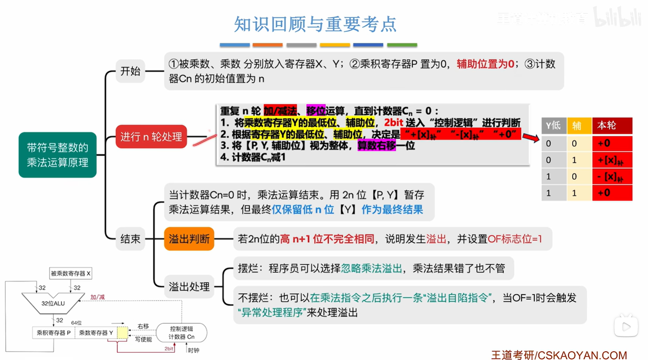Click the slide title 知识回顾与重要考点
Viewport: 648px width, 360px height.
coord(315,24)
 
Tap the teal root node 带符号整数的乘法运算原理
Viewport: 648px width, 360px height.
coord(57,155)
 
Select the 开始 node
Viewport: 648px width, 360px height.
coord(130,71)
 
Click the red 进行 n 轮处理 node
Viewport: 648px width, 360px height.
coord(151,137)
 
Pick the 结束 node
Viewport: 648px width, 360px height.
coord(130,239)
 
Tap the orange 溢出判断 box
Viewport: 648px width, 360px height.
coord(189,239)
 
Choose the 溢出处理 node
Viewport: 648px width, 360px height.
coord(189,287)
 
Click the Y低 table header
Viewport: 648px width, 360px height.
coord(553,125)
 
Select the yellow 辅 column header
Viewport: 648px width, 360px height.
coord(577,125)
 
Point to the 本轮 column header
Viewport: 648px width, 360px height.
coord(612,125)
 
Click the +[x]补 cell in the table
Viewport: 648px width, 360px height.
coord(612,160)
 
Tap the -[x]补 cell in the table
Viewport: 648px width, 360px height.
coord(612,177)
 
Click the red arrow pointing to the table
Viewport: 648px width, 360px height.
coord(531,137)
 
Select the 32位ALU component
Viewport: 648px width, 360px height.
coord(53,304)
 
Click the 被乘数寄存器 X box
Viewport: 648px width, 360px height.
coord(71,273)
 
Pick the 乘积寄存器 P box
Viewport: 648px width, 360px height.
coord(54,333)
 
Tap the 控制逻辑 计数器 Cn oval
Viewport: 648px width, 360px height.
coord(181,333)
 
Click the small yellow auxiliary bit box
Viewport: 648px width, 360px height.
coord(123,333)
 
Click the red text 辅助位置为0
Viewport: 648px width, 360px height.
coord(485,64)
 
